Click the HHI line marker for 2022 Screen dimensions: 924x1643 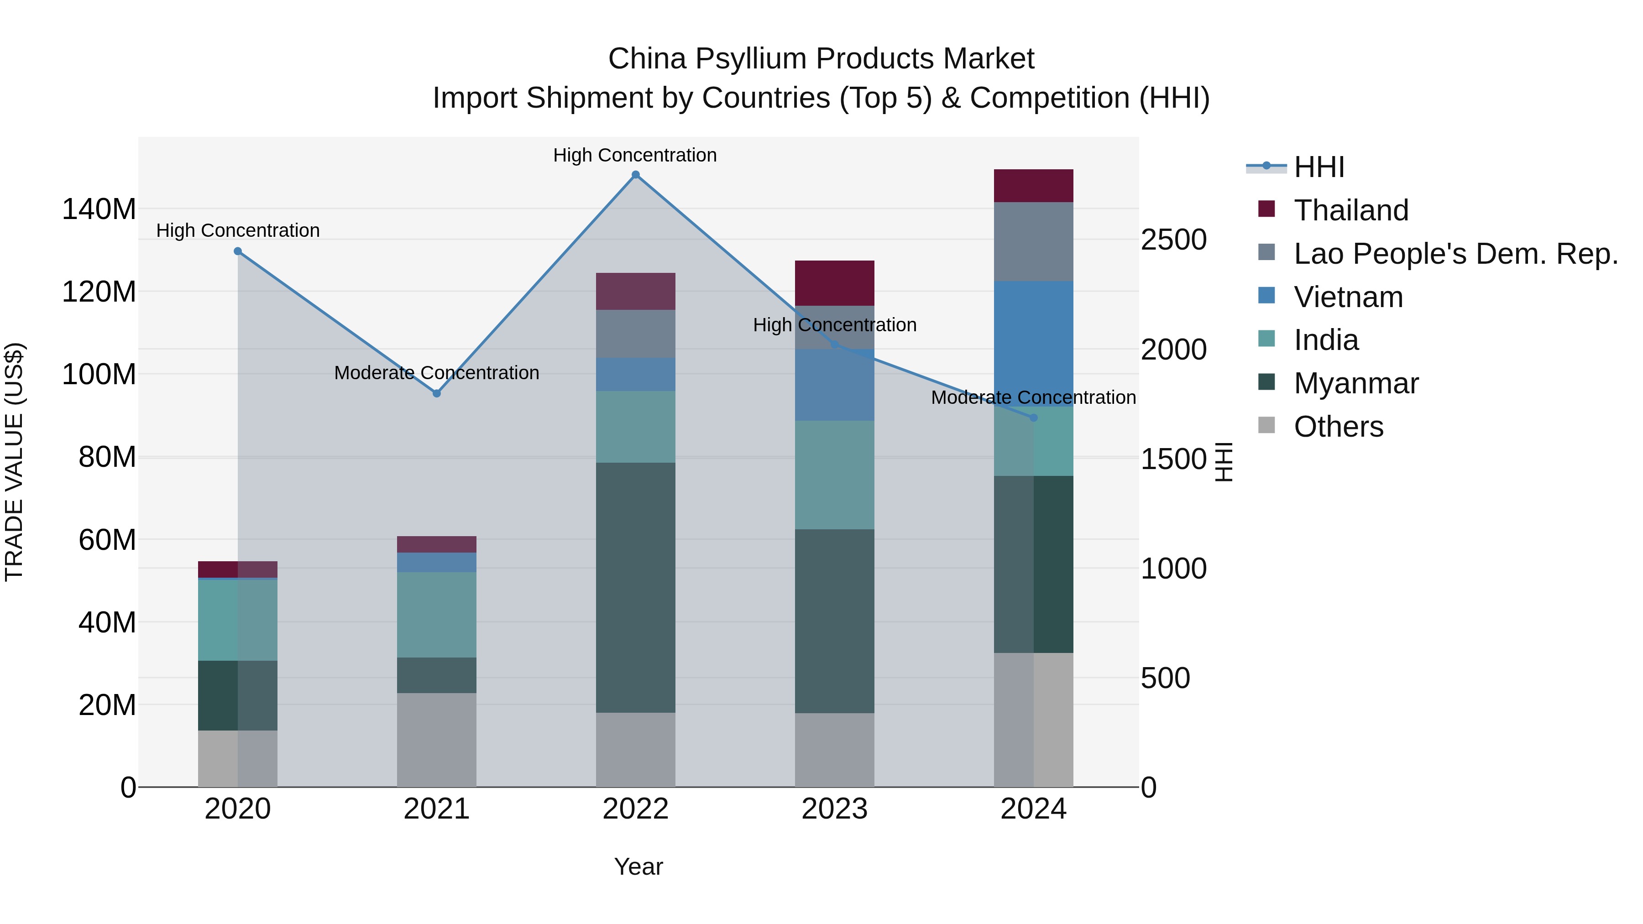pyautogui.click(x=635, y=175)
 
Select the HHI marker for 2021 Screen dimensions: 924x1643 pyautogui.click(x=437, y=393)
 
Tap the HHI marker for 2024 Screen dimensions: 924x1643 pyautogui.click(x=1034, y=418)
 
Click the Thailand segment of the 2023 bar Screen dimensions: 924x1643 pyautogui.click(x=834, y=283)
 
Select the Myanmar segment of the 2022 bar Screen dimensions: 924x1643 pyautogui.click(x=635, y=587)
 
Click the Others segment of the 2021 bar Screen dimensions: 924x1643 pyautogui.click(x=437, y=740)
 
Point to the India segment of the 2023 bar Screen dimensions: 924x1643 pyautogui.click(x=834, y=475)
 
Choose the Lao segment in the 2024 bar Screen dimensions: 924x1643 pyautogui.click(x=1033, y=242)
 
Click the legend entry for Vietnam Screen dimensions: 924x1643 pyautogui.click(x=1348, y=297)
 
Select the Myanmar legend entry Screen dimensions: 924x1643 pyautogui.click(x=1355, y=383)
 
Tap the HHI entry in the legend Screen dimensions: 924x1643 pyautogui.click(x=1319, y=167)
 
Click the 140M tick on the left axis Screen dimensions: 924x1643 pyautogui.click(x=99, y=209)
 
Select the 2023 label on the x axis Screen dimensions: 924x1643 pyautogui.click(x=834, y=809)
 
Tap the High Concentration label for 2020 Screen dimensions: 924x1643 pyautogui.click(x=238, y=230)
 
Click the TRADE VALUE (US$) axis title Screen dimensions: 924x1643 pyautogui.click(x=14, y=462)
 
